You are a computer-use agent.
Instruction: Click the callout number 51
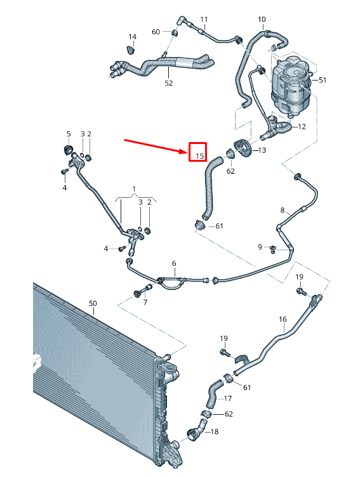pyautogui.click(x=323, y=80)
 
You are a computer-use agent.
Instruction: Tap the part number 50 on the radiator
pyautogui.click(x=93, y=304)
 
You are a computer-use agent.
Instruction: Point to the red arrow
pyautogui.click(x=156, y=145)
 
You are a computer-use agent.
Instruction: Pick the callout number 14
pyautogui.click(x=132, y=36)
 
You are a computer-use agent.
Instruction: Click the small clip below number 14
pyautogui.click(x=132, y=49)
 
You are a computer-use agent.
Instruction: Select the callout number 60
pyautogui.click(x=156, y=32)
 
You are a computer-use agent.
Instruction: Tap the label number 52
pyautogui.click(x=168, y=82)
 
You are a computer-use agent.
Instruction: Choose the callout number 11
pyautogui.click(x=204, y=20)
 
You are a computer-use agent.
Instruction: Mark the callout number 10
pyautogui.click(x=262, y=20)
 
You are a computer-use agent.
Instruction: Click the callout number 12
pyautogui.click(x=302, y=126)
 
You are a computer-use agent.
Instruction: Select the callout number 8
pyautogui.click(x=283, y=210)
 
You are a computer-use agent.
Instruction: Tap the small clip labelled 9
pyautogui.click(x=274, y=247)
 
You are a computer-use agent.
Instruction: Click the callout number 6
pyautogui.click(x=173, y=263)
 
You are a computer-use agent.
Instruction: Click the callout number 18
pyautogui.click(x=214, y=432)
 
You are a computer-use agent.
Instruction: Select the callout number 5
pyautogui.click(x=69, y=134)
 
